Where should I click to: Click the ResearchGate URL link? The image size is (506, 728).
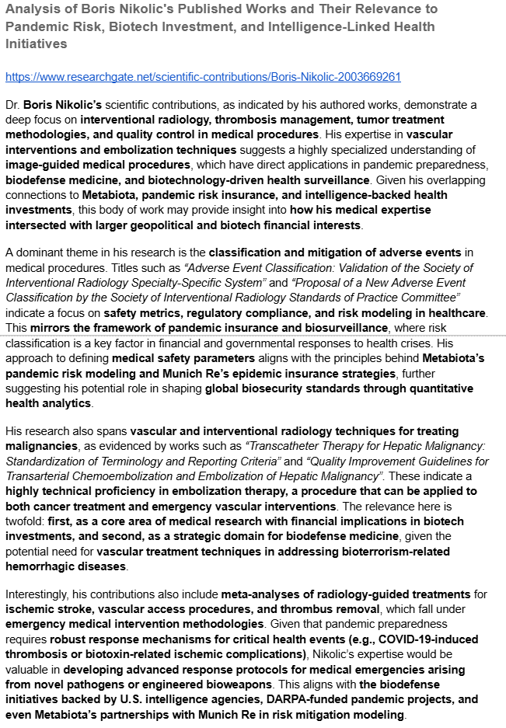point(203,77)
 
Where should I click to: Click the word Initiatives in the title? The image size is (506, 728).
point(36,44)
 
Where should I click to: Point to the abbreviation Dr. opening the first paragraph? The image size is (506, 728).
point(12,104)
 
